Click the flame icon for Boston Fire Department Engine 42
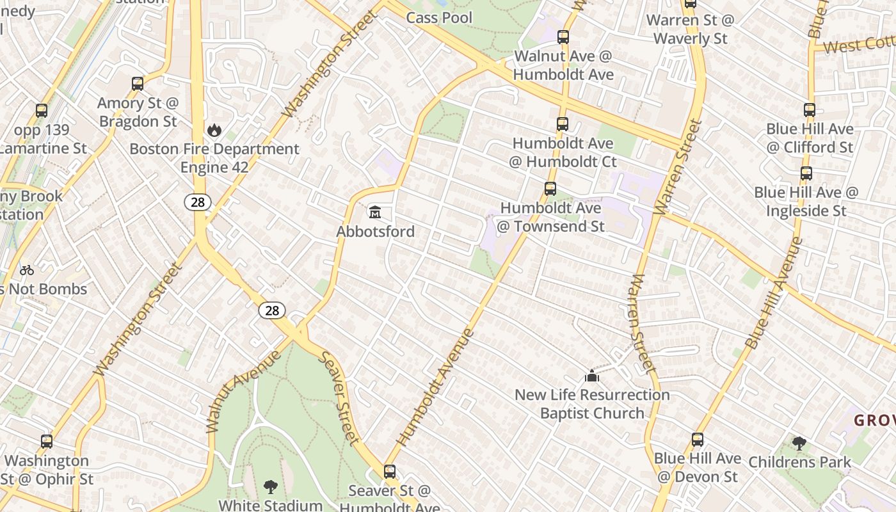coord(214,131)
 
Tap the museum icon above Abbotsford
coord(375,212)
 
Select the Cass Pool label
coord(439,18)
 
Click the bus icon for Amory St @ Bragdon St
coord(137,84)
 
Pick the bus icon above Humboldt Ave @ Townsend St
coord(550,189)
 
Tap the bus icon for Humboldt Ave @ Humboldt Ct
coord(562,124)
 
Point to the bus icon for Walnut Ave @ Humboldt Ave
coord(563,37)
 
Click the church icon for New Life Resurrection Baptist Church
coord(592,376)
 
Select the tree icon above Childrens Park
coord(799,443)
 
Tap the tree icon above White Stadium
coord(270,487)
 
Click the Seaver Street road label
coord(339,398)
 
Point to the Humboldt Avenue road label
coord(435,387)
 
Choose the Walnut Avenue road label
coord(243,391)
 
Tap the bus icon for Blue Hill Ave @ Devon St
coord(698,440)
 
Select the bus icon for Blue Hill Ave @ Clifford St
coord(809,110)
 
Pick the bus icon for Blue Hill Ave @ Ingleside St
coord(806,173)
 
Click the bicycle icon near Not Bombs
coord(27,270)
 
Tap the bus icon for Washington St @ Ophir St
coord(46,442)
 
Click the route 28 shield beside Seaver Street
coord(272,310)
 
